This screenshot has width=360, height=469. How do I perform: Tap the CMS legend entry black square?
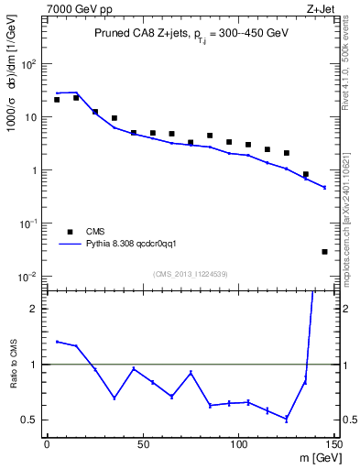[x=68, y=232]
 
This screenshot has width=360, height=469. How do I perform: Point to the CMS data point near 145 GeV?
[x=325, y=251]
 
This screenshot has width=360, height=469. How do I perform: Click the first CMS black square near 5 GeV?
[x=57, y=100]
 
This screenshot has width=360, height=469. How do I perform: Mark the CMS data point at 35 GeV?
[x=115, y=118]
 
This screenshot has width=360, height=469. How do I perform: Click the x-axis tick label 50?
[x=143, y=444]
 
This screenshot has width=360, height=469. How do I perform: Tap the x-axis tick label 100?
[x=238, y=444]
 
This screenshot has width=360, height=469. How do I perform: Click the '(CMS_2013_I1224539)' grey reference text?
[x=191, y=273]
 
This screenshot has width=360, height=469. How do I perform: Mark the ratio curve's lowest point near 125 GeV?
[x=287, y=420]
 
